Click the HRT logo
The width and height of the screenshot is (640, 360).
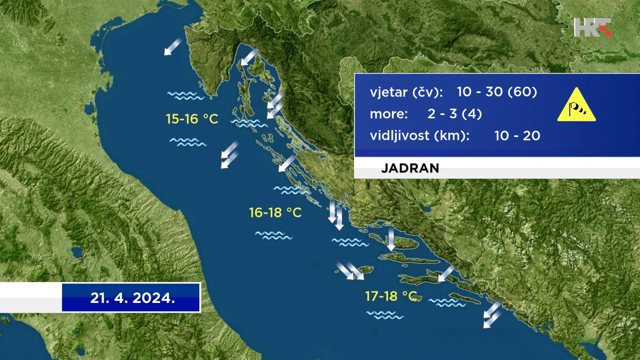click(592, 27)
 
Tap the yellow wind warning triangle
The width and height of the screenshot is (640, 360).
click(576, 105)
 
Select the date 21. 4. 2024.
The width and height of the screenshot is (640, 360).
click(132, 298)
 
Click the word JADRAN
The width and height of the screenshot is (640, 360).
click(410, 168)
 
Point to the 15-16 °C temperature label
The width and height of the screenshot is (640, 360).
click(192, 119)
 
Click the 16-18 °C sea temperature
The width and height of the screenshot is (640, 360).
click(275, 212)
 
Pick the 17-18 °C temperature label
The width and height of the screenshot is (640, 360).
click(391, 296)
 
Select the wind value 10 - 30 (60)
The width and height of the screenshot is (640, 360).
click(497, 91)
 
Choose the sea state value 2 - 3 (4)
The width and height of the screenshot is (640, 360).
click(454, 113)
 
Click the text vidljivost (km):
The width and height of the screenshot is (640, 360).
click(419, 135)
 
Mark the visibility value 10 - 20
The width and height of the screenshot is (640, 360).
click(517, 135)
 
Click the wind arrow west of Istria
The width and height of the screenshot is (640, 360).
click(173, 46)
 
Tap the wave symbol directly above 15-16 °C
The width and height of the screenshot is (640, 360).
click(185, 95)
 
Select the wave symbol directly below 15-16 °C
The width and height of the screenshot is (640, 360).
click(188, 142)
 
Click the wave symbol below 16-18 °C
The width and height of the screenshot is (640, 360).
click(273, 235)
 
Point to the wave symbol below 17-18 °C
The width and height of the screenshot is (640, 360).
click(385, 315)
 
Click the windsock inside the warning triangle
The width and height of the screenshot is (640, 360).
click(577, 109)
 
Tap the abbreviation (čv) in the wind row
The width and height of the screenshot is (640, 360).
click(427, 92)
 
